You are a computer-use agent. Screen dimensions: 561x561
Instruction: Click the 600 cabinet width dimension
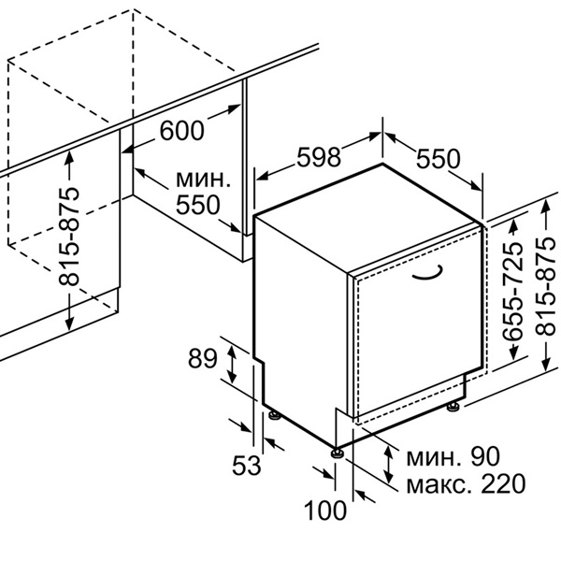tap(182, 130)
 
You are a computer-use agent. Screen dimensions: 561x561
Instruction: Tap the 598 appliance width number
tap(319, 157)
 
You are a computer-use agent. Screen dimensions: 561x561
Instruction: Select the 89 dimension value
tap(203, 358)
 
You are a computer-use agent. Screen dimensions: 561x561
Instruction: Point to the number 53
tap(247, 465)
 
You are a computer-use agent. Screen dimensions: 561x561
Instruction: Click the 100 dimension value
tap(325, 510)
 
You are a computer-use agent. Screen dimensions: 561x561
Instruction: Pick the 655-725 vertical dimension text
tap(512, 292)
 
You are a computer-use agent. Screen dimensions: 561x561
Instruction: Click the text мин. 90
tap(453, 456)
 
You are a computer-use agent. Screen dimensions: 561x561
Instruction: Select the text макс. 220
tap(466, 483)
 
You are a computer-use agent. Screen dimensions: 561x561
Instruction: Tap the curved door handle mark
tap(429, 274)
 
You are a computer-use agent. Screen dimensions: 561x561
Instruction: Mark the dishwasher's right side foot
tap(453, 407)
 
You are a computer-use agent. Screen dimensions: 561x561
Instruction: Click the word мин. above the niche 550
tap(203, 180)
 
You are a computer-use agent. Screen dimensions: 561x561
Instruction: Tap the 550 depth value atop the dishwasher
tap(438, 159)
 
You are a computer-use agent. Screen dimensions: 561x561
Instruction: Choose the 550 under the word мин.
tap(198, 205)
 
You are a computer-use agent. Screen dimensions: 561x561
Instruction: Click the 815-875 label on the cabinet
tap(68, 237)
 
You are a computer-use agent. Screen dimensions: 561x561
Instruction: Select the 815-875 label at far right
tap(546, 286)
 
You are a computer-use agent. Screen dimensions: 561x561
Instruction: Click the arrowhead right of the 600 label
tap(235, 108)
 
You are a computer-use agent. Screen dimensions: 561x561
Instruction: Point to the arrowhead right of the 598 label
tap(375, 137)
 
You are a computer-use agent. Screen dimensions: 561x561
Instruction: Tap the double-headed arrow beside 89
tap(232, 365)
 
